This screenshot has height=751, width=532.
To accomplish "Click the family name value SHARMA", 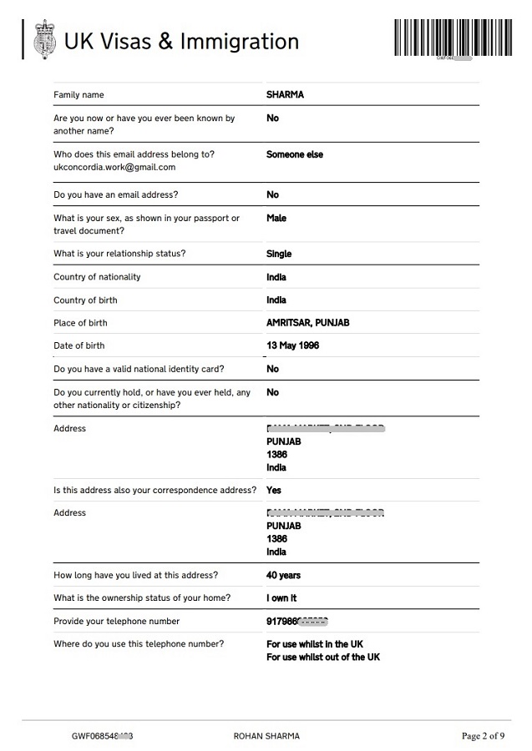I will coord(285,95).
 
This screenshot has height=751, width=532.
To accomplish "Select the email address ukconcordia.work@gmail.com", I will coord(114,167).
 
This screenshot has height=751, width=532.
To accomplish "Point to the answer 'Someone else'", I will coord(294,154).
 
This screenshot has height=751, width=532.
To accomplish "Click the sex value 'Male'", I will coord(276,218).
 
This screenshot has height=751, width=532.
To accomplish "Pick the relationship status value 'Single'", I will coord(279,254).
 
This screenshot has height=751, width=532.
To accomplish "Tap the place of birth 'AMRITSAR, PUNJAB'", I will coord(307,323).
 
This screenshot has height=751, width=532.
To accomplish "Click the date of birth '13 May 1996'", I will coord(292,345).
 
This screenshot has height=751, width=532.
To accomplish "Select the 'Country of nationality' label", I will coord(97,277).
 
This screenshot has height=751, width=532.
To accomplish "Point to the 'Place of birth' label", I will coord(80,323).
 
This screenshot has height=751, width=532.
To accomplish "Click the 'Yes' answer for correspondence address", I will coord(274,491).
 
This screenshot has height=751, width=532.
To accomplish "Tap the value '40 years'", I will coord(283,575).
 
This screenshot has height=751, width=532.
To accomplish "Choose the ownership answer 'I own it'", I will coord(281,598).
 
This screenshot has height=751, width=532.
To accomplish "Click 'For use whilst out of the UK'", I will coord(322,658).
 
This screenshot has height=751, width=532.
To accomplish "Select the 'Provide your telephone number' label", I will coord(116,621).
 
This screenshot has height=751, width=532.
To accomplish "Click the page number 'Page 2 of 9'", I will coord(483,736).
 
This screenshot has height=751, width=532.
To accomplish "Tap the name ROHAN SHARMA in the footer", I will coord(266,736).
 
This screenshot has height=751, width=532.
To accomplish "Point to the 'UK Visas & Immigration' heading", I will coord(181,41).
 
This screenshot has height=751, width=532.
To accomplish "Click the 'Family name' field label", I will coord(79,95).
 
